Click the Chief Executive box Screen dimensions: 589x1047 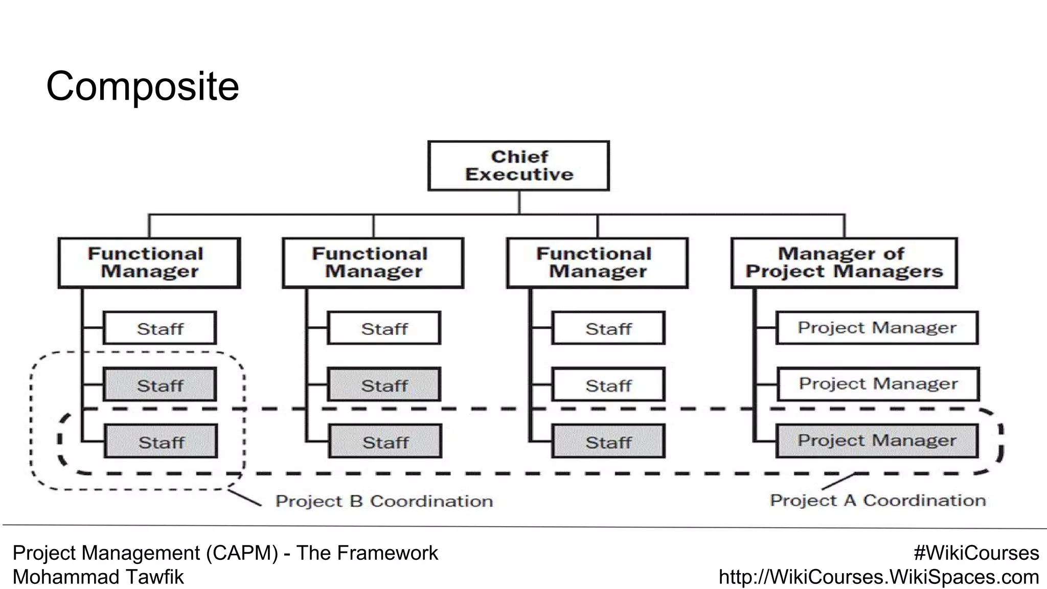tap(518, 166)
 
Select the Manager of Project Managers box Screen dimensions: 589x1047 tap(844, 263)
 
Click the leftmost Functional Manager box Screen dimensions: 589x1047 tap(149, 263)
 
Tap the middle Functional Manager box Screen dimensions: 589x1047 tap(373, 263)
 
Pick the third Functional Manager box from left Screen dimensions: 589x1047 tap(597, 263)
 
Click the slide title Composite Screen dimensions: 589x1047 tap(142, 86)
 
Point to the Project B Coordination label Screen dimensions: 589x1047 tap(384, 501)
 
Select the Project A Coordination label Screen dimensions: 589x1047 tap(878, 500)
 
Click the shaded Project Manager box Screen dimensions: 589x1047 tap(877, 441)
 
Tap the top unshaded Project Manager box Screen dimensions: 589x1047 tap(877, 328)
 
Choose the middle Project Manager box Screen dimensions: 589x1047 tap(878, 384)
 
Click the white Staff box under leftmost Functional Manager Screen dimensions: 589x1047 tap(160, 328)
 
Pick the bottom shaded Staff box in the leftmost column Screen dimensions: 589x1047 tap(161, 441)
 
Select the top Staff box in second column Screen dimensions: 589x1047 tap(384, 328)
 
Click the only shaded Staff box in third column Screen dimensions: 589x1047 tap(608, 441)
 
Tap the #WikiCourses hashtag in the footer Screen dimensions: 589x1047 tap(976, 553)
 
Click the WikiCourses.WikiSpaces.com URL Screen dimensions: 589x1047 tap(879, 577)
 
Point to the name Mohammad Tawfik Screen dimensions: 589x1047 tap(98, 577)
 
